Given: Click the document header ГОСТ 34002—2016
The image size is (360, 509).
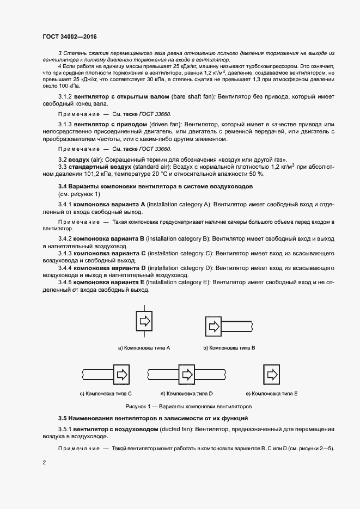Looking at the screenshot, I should [x=70, y=37].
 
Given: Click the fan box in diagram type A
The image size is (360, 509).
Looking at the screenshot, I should [x=144, y=322].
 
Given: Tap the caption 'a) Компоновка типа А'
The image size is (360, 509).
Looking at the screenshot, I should [x=144, y=347].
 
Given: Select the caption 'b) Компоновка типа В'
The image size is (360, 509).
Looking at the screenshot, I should [x=229, y=347].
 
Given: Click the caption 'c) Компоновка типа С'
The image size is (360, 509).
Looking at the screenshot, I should [x=106, y=393].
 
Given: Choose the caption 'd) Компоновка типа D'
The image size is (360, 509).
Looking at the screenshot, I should [x=186, y=393].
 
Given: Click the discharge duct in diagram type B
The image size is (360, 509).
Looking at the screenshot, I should [x=237, y=327].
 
